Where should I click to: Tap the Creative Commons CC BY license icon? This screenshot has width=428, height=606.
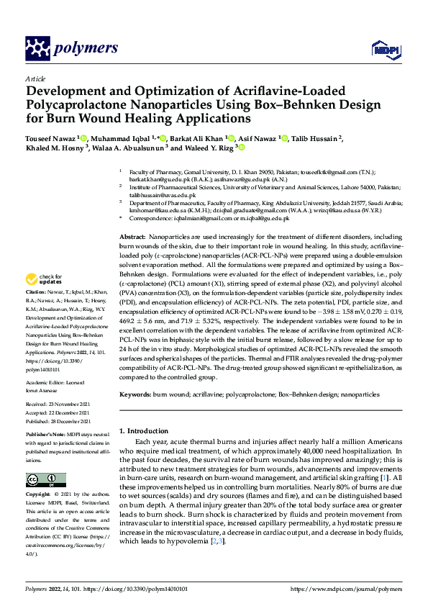coord(46,480)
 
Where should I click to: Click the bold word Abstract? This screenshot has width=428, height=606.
coord(132,237)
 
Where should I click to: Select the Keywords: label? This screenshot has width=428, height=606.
coord(135,394)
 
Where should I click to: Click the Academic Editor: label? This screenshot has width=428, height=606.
coord(47,383)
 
